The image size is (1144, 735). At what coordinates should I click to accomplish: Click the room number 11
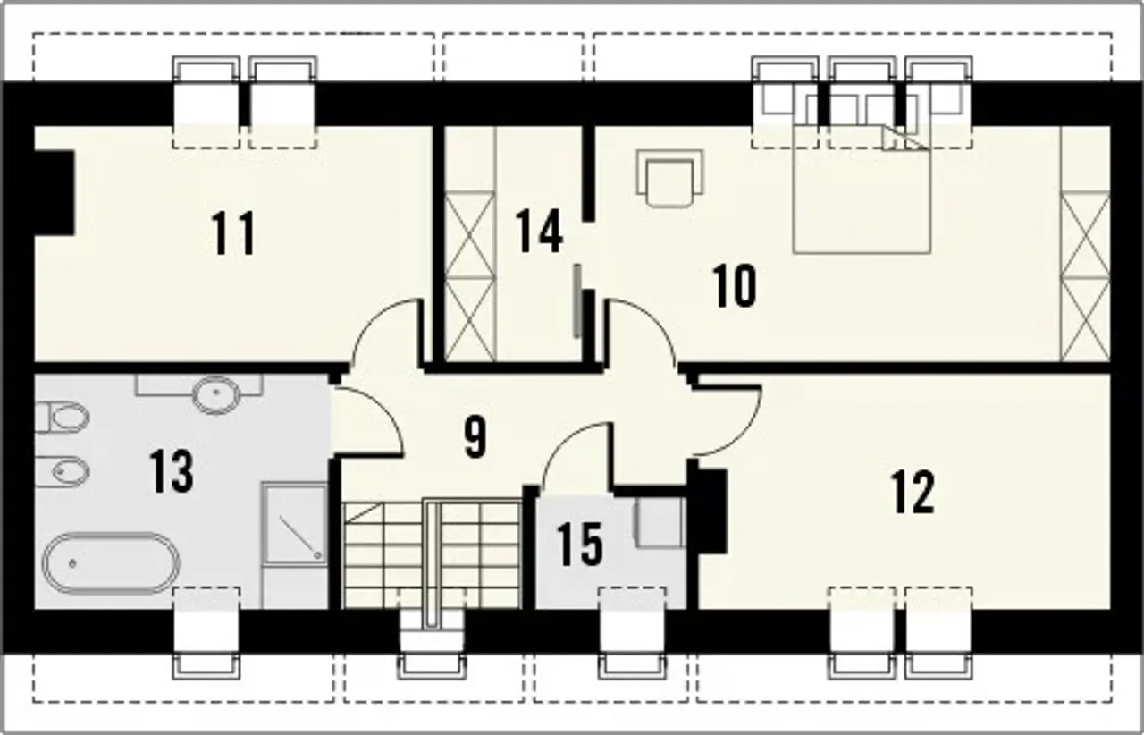click(x=233, y=233)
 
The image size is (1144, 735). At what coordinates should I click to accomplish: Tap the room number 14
click(x=539, y=231)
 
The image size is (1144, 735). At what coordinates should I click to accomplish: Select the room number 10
click(x=735, y=286)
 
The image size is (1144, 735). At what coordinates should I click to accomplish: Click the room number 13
click(x=172, y=471)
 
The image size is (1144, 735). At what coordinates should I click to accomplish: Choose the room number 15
click(x=580, y=545)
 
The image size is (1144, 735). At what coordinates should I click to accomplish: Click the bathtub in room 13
click(x=111, y=563)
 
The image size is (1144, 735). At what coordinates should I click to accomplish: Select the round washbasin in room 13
click(x=216, y=395)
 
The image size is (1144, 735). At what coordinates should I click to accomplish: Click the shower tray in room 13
click(x=295, y=523)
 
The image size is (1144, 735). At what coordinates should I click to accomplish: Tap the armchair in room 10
click(x=669, y=178)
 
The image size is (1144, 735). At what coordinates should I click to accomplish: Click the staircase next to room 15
click(x=432, y=554)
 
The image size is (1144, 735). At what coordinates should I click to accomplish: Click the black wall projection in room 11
click(x=55, y=193)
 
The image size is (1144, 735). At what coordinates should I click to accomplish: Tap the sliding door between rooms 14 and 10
click(x=577, y=301)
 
